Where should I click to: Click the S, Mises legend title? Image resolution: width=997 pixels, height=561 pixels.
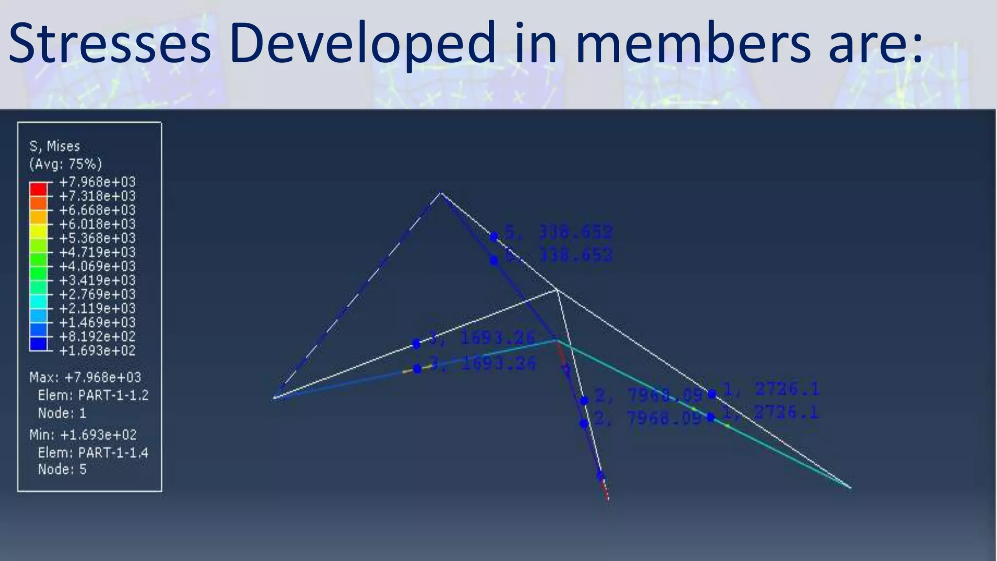(x=55, y=146)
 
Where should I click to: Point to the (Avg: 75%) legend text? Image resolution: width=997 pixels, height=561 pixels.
(x=65, y=164)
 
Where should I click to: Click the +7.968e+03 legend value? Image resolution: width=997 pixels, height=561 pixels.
(x=97, y=182)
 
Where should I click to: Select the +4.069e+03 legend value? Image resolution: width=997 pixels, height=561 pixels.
(x=97, y=266)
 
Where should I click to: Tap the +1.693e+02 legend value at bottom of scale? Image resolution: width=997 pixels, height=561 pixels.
(x=97, y=351)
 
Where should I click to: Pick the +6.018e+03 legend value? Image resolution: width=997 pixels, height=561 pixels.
(x=97, y=224)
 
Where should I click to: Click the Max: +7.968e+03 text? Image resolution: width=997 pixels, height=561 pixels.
(x=85, y=377)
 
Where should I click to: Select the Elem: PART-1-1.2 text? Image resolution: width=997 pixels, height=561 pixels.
(x=93, y=395)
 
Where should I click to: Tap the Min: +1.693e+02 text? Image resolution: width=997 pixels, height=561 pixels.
(x=83, y=435)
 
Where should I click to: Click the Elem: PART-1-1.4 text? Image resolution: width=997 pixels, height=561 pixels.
(x=93, y=453)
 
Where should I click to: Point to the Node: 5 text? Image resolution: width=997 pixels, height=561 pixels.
(x=62, y=469)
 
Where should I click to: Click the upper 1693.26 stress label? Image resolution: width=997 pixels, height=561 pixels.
(x=497, y=337)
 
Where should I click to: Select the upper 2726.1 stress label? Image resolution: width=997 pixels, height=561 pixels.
(x=787, y=389)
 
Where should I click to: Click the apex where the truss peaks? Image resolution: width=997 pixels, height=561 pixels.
(x=441, y=193)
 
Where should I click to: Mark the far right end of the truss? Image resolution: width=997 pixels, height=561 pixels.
(x=849, y=486)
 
